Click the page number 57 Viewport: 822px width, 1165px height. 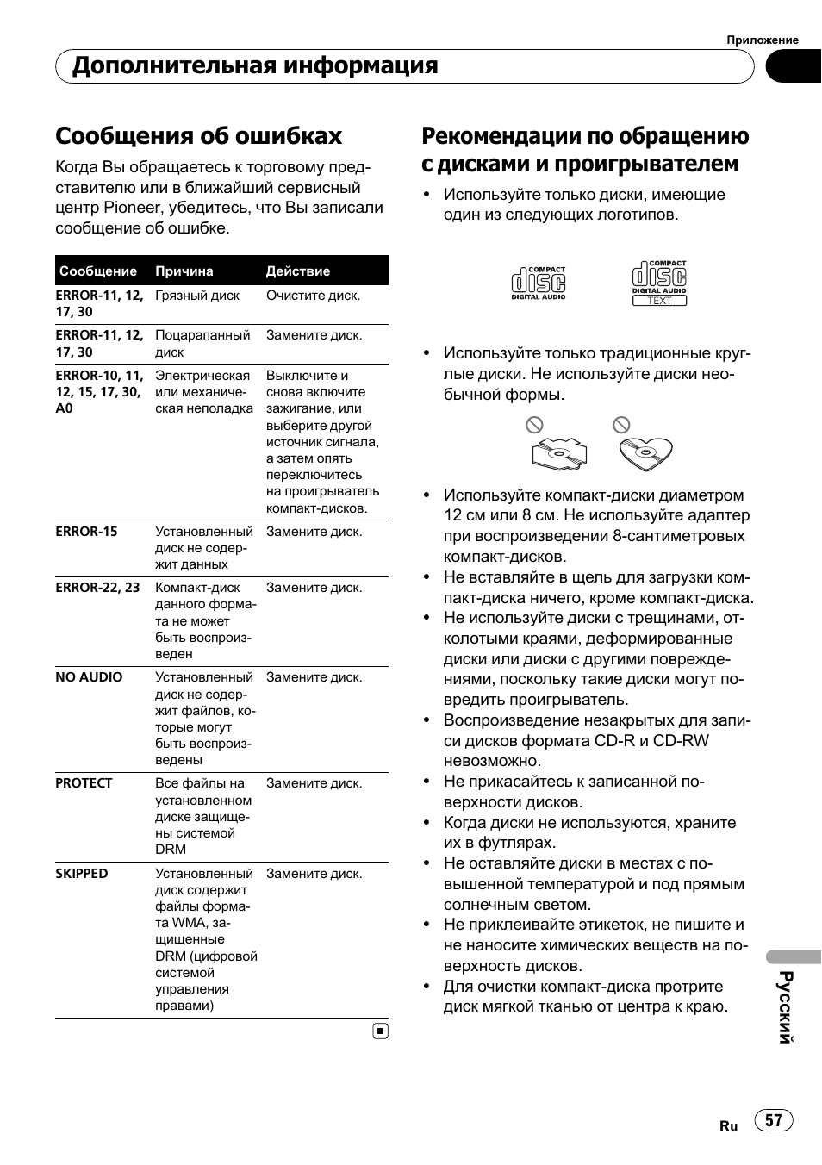click(x=774, y=1120)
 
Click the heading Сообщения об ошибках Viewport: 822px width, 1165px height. click(x=199, y=136)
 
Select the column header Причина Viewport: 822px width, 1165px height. click(x=184, y=271)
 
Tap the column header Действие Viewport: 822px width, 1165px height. click(x=298, y=271)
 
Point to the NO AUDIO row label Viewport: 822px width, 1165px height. click(x=89, y=677)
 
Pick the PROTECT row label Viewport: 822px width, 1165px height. click(x=84, y=783)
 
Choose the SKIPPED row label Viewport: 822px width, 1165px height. click(x=82, y=874)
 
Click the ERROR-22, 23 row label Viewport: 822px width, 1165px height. click(x=97, y=588)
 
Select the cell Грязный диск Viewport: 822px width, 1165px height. click(x=197, y=296)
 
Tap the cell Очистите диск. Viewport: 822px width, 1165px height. click(x=313, y=296)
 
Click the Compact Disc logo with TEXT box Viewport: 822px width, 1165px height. click(x=659, y=283)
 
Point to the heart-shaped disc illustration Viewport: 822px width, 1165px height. click(x=645, y=452)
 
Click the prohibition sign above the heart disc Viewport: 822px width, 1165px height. click(x=621, y=425)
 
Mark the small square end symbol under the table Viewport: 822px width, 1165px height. click(x=381, y=1031)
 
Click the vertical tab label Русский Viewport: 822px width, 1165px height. click(x=785, y=1006)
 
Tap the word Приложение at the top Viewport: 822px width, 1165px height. click(x=763, y=40)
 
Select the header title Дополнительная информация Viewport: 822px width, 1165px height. click(x=255, y=66)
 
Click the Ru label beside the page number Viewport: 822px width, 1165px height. click(x=729, y=1126)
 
